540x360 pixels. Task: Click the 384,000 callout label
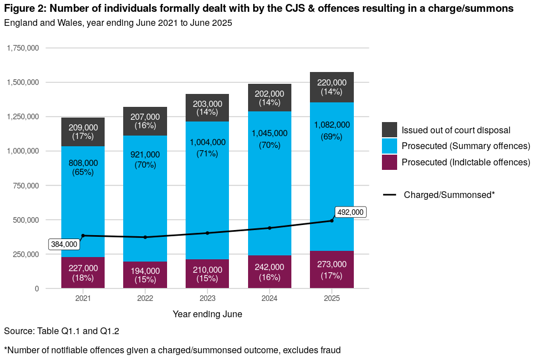click(x=64, y=245)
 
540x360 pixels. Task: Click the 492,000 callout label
click(x=350, y=212)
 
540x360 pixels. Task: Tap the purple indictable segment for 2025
click(x=332, y=269)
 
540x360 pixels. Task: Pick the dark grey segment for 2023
click(x=207, y=107)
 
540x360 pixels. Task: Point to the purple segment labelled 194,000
click(x=145, y=275)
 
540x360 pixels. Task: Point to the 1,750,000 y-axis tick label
click(x=22, y=48)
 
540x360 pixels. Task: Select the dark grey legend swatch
click(x=389, y=130)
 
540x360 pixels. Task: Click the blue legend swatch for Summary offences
click(x=389, y=146)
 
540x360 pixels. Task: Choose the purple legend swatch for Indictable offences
click(x=389, y=162)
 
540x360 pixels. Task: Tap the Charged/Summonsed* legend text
click(x=449, y=195)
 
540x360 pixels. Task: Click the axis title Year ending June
click(x=207, y=314)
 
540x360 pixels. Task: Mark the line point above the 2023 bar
click(x=207, y=233)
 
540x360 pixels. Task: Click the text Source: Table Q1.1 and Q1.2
click(x=61, y=331)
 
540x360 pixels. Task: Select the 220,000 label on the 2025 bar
click(x=332, y=82)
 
